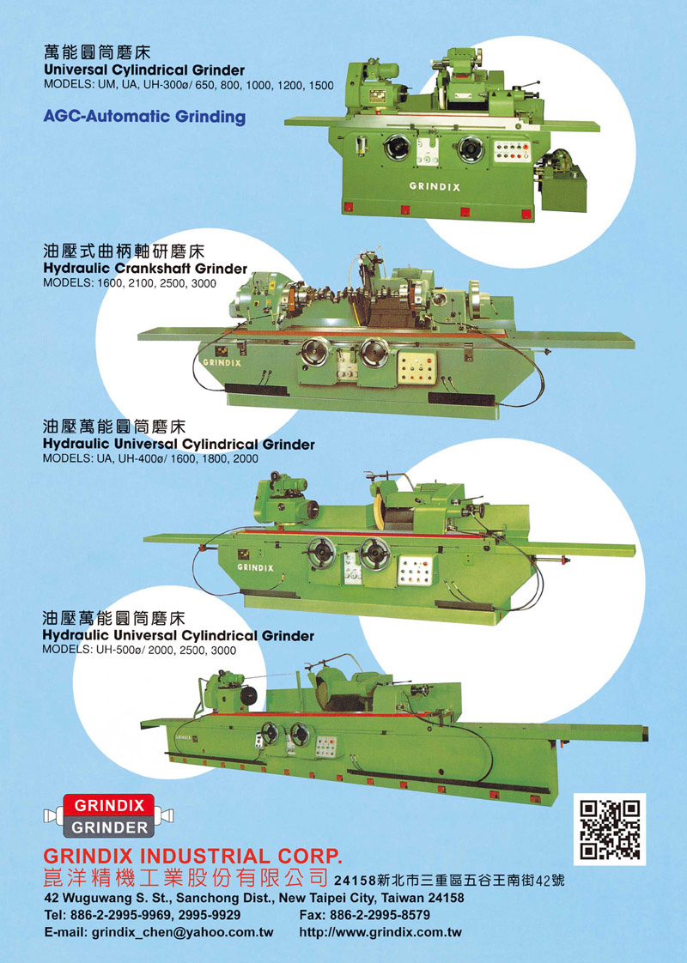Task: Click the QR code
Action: (x=610, y=829)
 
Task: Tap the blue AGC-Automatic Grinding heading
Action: (x=144, y=117)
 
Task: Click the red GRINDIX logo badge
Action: (x=109, y=804)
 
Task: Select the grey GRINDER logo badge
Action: (x=109, y=827)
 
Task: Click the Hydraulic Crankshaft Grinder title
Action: (x=146, y=269)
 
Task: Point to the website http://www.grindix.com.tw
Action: (x=380, y=932)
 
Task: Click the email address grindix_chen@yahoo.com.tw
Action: (x=159, y=932)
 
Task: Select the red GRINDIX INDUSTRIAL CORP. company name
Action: (x=192, y=856)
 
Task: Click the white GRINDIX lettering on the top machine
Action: (x=435, y=187)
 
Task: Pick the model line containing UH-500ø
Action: (x=139, y=651)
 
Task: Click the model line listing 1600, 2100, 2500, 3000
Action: (x=130, y=283)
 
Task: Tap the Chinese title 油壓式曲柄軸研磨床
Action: (x=124, y=251)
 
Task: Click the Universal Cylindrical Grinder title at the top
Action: (x=144, y=70)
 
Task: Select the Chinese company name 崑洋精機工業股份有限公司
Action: (x=185, y=878)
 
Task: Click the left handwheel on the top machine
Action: (x=397, y=148)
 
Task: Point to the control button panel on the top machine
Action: (x=512, y=152)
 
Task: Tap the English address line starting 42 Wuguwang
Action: (x=254, y=898)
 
